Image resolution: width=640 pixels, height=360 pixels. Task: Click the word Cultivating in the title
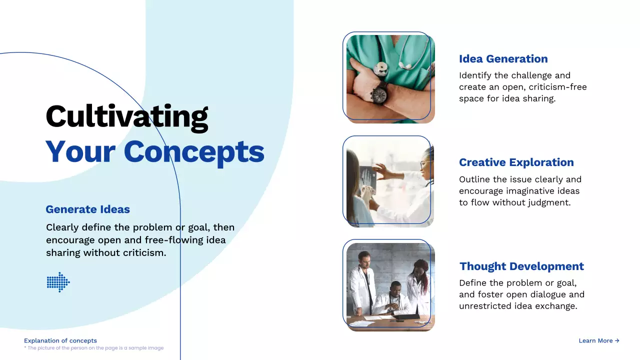(126, 116)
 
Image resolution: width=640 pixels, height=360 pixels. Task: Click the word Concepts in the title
(194, 151)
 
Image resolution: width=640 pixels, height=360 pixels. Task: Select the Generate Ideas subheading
(87, 209)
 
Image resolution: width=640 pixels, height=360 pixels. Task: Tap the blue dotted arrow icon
(58, 282)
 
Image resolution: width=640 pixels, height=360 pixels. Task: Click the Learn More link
(598, 340)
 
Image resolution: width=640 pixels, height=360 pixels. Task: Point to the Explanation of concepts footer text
(60, 340)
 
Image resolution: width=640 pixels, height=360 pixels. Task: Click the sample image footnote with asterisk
(94, 348)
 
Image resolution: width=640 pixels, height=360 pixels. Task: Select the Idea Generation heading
(503, 59)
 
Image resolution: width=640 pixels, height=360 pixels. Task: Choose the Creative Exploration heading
(516, 162)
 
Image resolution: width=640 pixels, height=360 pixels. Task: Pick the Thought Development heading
(521, 266)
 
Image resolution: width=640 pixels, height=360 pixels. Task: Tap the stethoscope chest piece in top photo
(381, 68)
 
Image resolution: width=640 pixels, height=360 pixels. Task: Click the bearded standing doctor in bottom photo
(362, 277)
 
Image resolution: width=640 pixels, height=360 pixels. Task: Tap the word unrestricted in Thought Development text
(485, 306)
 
